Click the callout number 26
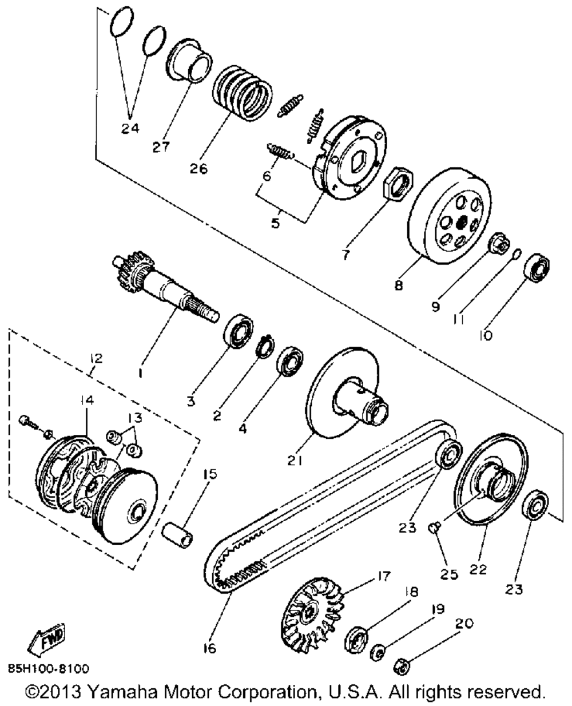coord(200,169)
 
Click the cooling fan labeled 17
coord(312,611)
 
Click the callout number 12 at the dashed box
coord(96,359)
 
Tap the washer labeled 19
coord(378,651)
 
